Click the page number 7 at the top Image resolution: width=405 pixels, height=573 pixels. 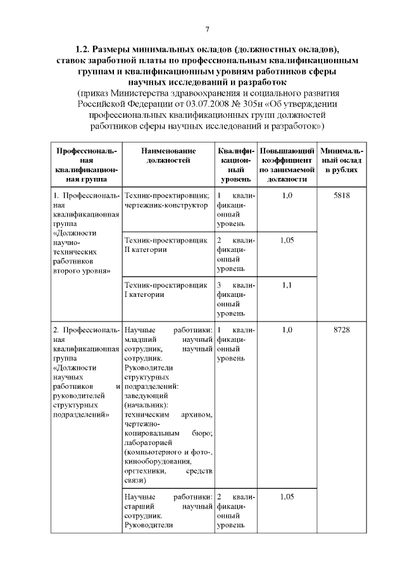coord(207,29)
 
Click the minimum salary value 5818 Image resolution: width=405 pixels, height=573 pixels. coord(341,196)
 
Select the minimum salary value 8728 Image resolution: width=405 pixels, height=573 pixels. coord(341,330)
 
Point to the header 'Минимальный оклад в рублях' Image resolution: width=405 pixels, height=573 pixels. coord(341,160)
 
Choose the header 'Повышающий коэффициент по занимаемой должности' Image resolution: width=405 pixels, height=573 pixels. coord(287,165)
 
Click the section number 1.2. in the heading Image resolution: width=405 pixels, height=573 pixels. coord(84,49)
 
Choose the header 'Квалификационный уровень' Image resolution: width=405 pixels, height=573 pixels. coord(235,165)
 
